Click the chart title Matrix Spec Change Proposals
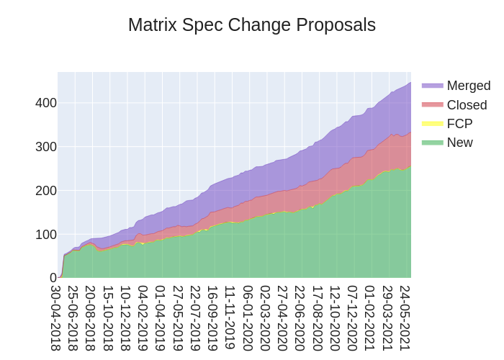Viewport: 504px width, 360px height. tap(252, 25)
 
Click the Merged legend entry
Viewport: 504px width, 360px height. tap(468, 86)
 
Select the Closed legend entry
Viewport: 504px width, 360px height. tap(467, 105)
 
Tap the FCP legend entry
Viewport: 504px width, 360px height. tap(459, 124)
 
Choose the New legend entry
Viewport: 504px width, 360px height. tap(459, 143)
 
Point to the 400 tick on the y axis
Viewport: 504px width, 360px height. tap(46, 103)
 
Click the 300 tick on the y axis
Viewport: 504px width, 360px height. tap(46, 147)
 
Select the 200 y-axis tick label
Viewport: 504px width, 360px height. tap(46, 191)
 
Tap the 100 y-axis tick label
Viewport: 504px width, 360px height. tap(46, 235)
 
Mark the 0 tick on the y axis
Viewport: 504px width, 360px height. tap(53, 278)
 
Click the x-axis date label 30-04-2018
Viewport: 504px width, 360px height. tap(56, 318)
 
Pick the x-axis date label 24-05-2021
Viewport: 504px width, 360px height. tap(405, 318)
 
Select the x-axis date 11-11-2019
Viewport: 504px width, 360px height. tap(230, 318)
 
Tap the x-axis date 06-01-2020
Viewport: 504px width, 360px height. tap(248, 318)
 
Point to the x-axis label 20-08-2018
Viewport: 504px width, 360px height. tap(91, 318)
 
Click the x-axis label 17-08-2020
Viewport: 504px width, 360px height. tap(318, 318)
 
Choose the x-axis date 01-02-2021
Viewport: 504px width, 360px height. tap(370, 318)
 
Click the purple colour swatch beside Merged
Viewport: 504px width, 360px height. tap(433, 86)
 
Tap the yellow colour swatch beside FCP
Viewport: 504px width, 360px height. tap(433, 124)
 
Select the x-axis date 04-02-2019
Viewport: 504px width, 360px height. tap(143, 318)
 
